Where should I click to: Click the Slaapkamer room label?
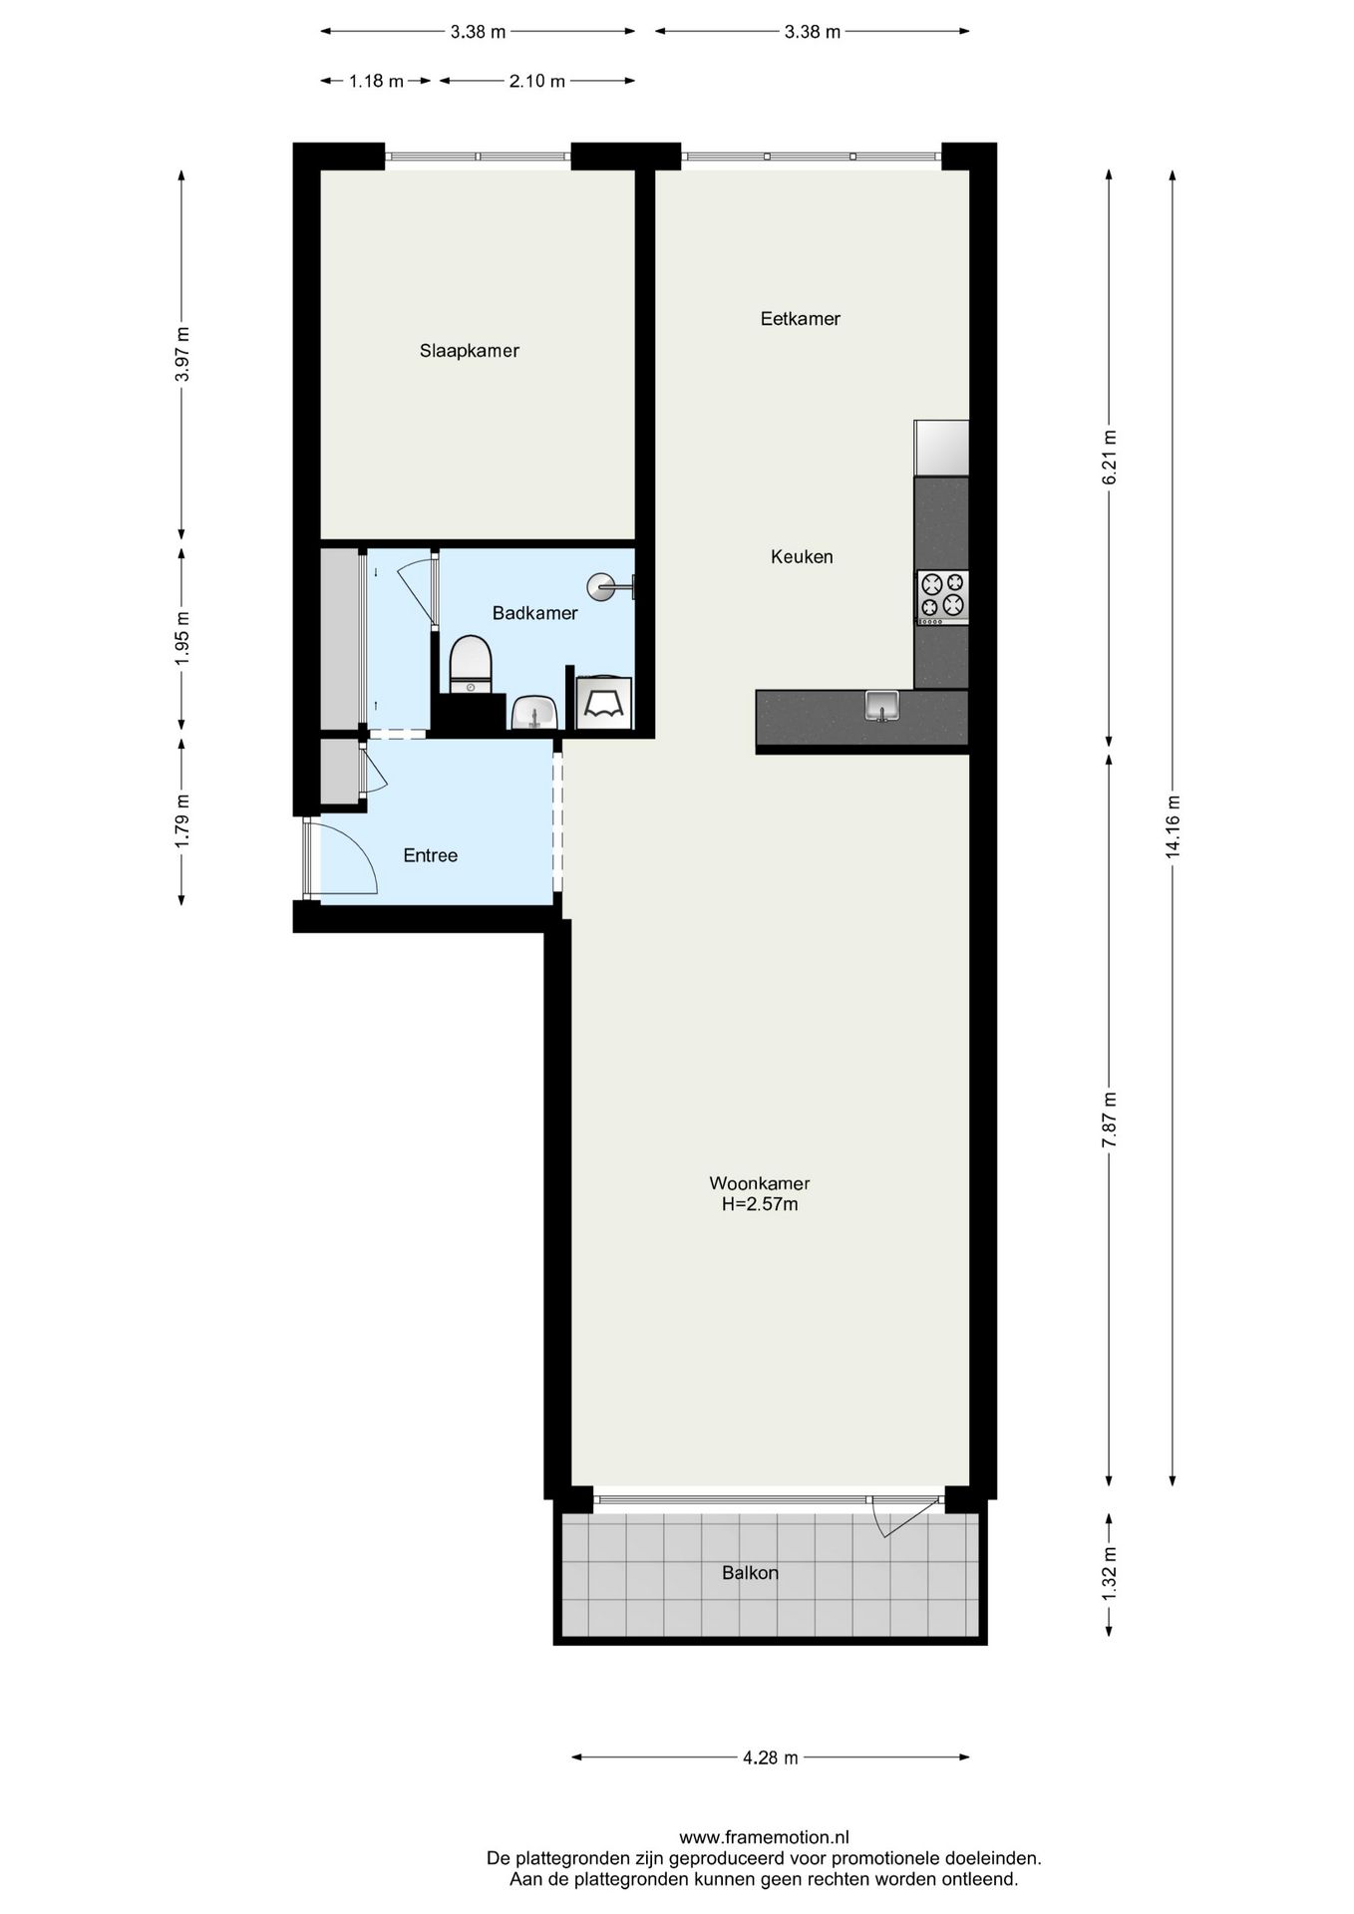[469, 351]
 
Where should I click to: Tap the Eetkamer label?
[800, 319]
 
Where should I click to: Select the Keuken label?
[801, 557]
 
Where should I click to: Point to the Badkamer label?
[534, 613]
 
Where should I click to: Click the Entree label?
[430, 855]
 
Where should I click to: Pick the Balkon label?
[750, 1573]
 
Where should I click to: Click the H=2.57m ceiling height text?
[760, 1204]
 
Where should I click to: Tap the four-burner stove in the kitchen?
[942, 595]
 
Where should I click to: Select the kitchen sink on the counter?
[881, 705]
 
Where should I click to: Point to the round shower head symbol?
[602, 587]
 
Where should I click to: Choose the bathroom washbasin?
[534, 713]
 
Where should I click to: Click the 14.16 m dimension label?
[1173, 826]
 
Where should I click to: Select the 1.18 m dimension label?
[376, 82]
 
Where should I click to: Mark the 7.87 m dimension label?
[1109, 1119]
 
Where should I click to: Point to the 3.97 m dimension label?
[180, 354]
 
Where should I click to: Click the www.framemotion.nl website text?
[764, 1837]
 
